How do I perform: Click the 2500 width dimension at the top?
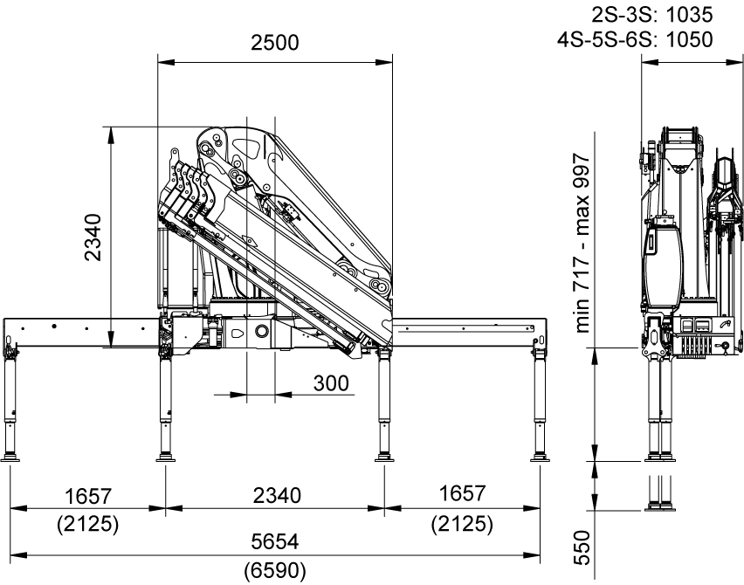(x=275, y=43)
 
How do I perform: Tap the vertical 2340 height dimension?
(x=93, y=237)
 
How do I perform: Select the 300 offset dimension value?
(x=331, y=383)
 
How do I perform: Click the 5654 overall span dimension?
(x=275, y=541)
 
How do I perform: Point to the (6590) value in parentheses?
(x=275, y=570)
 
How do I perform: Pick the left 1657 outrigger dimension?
(x=88, y=496)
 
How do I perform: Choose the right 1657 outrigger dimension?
(x=462, y=493)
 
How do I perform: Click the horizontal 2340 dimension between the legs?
(x=277, y=495)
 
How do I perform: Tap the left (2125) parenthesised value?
(x=88, y=524)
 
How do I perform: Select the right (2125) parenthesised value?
(x=462, y=524)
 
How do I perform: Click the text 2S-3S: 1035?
(x=652, y=15)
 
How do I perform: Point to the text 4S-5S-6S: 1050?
(x=635, y=39)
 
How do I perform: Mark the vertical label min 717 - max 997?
(x=582, y=243)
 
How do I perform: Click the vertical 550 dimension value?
(x=582, y=548)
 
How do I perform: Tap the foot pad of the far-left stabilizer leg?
(x=10, y=458)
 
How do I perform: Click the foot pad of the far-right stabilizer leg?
(x=540, y=458)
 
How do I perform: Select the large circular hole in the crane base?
(x=262, y=330)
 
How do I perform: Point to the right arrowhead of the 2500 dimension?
(x=384, y=62)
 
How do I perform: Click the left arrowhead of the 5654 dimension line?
(x=18, y=554)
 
